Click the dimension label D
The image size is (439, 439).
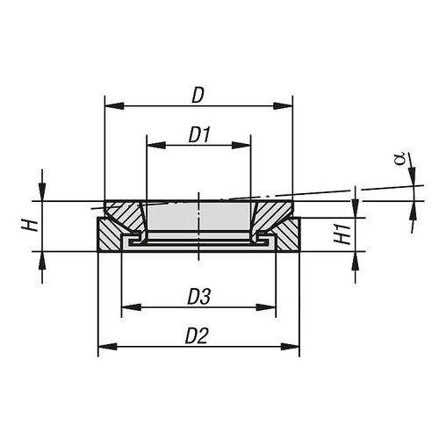tap(198, 93)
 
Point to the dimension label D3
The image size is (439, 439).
tap(198, 296)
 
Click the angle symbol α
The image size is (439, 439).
tap(399, 159)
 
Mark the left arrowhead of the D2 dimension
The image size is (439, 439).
tap(103, 345)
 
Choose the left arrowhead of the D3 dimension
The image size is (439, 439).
tap(126, 307)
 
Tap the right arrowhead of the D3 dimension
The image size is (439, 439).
tap(271, 307)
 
